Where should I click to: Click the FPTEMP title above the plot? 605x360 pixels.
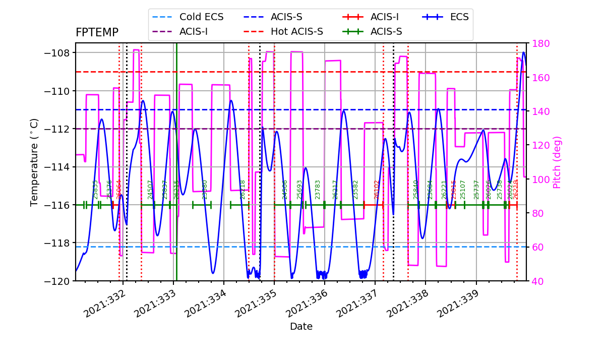[x=97, y=33]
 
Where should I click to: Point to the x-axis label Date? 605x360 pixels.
[x=301, y=327]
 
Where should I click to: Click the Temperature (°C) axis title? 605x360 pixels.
[x=34, y=162]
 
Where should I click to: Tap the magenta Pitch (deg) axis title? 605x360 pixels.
[x=557, y=162]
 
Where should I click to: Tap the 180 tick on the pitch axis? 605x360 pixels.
[x=537, y=43]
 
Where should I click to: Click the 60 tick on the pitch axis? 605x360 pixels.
[x=535, y=247]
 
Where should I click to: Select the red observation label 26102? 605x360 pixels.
[x=377, y=190]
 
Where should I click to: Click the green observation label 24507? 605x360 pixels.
[x=150, y=190]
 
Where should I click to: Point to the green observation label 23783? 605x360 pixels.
[x=318, y=190]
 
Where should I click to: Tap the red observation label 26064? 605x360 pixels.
[x=119, y=190]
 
